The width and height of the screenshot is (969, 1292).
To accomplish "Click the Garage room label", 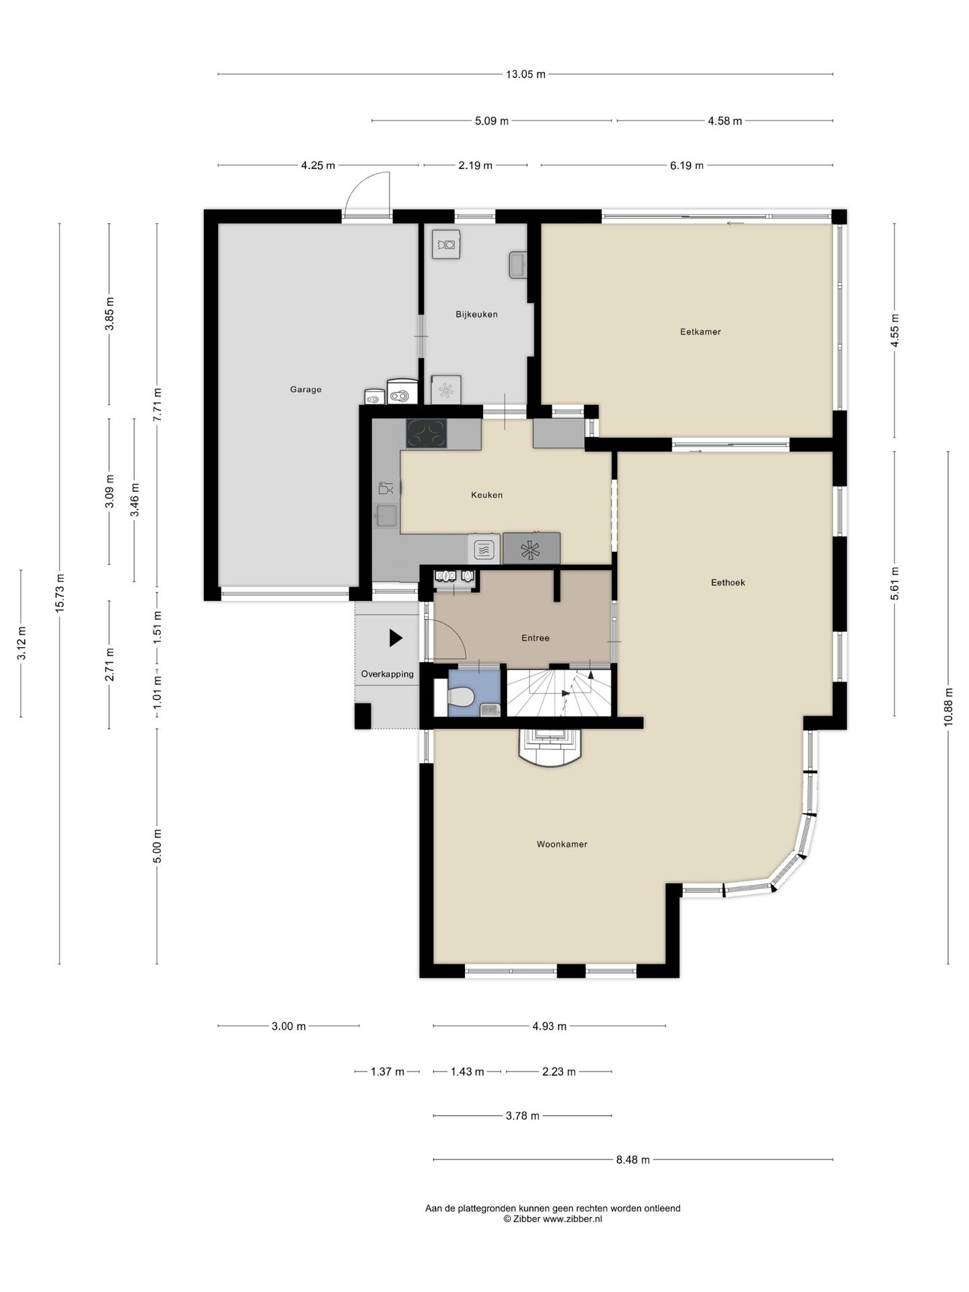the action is (306, 389).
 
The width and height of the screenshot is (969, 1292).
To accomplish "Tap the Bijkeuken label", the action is (476, 314).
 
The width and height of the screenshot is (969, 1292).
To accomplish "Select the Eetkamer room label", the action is (700, 332).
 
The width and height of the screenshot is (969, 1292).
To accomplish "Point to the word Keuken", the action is (487, 495).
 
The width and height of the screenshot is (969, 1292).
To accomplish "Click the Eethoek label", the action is (728, 583).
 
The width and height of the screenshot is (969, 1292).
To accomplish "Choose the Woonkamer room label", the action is (562, 844).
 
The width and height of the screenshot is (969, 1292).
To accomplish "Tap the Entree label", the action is (536, 638).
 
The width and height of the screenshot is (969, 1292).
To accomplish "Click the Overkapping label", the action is (388, 674).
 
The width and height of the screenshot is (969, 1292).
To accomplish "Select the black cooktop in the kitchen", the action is (427, 433).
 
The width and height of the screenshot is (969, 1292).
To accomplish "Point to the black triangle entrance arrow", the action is (396, 638).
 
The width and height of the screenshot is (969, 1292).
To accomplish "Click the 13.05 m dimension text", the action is (526, 74).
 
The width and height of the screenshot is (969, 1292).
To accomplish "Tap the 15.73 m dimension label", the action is (60, 592).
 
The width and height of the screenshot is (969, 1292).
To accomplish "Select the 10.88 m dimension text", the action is (949, 707).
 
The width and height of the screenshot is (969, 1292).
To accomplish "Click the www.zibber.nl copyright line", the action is (552, 1219).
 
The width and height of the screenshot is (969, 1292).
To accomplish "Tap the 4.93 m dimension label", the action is (549, 1026).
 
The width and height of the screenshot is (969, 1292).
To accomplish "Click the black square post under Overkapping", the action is (363, 716).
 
